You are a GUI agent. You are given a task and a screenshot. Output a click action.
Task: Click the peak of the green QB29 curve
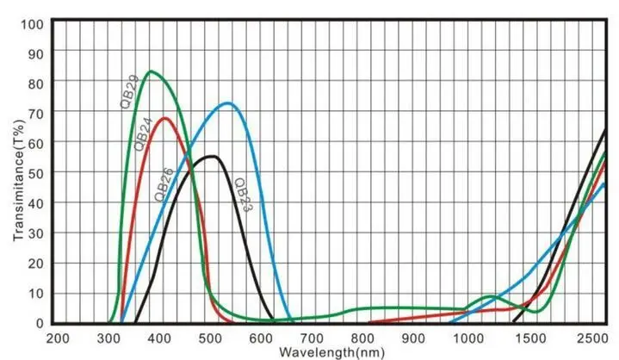tap(152, 71)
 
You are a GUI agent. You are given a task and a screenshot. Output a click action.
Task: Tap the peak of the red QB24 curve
tap(165, 118)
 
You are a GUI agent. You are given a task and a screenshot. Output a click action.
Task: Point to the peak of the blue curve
tap(226, 103)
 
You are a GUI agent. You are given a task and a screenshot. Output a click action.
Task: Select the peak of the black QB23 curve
tap(212, 156)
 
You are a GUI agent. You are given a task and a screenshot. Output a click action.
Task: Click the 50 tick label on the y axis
tap(35, 173)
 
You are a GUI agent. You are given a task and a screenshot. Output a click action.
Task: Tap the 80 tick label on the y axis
tap(35, 83)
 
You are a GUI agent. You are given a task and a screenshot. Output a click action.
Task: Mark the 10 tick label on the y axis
tap(35, 294)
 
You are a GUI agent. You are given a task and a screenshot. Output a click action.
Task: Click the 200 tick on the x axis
tap(58, 338)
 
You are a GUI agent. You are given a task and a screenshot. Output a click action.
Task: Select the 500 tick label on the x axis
tap(211, 338)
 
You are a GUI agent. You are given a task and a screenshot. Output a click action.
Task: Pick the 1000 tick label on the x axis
tap(468, 338)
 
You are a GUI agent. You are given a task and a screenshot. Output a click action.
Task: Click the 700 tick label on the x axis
tap(314, 338)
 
